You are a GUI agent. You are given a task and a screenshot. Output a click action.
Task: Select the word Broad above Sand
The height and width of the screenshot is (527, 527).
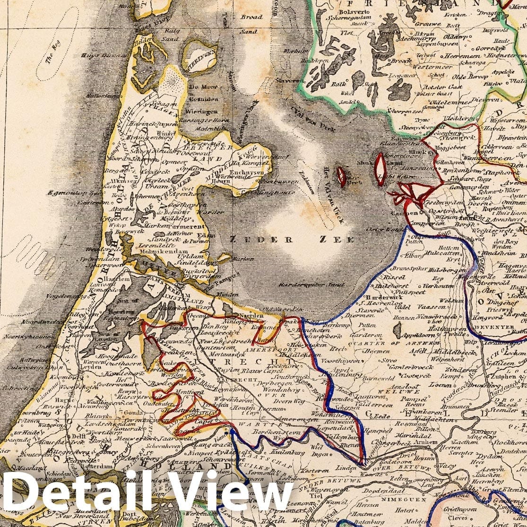[x=251, y=17]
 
